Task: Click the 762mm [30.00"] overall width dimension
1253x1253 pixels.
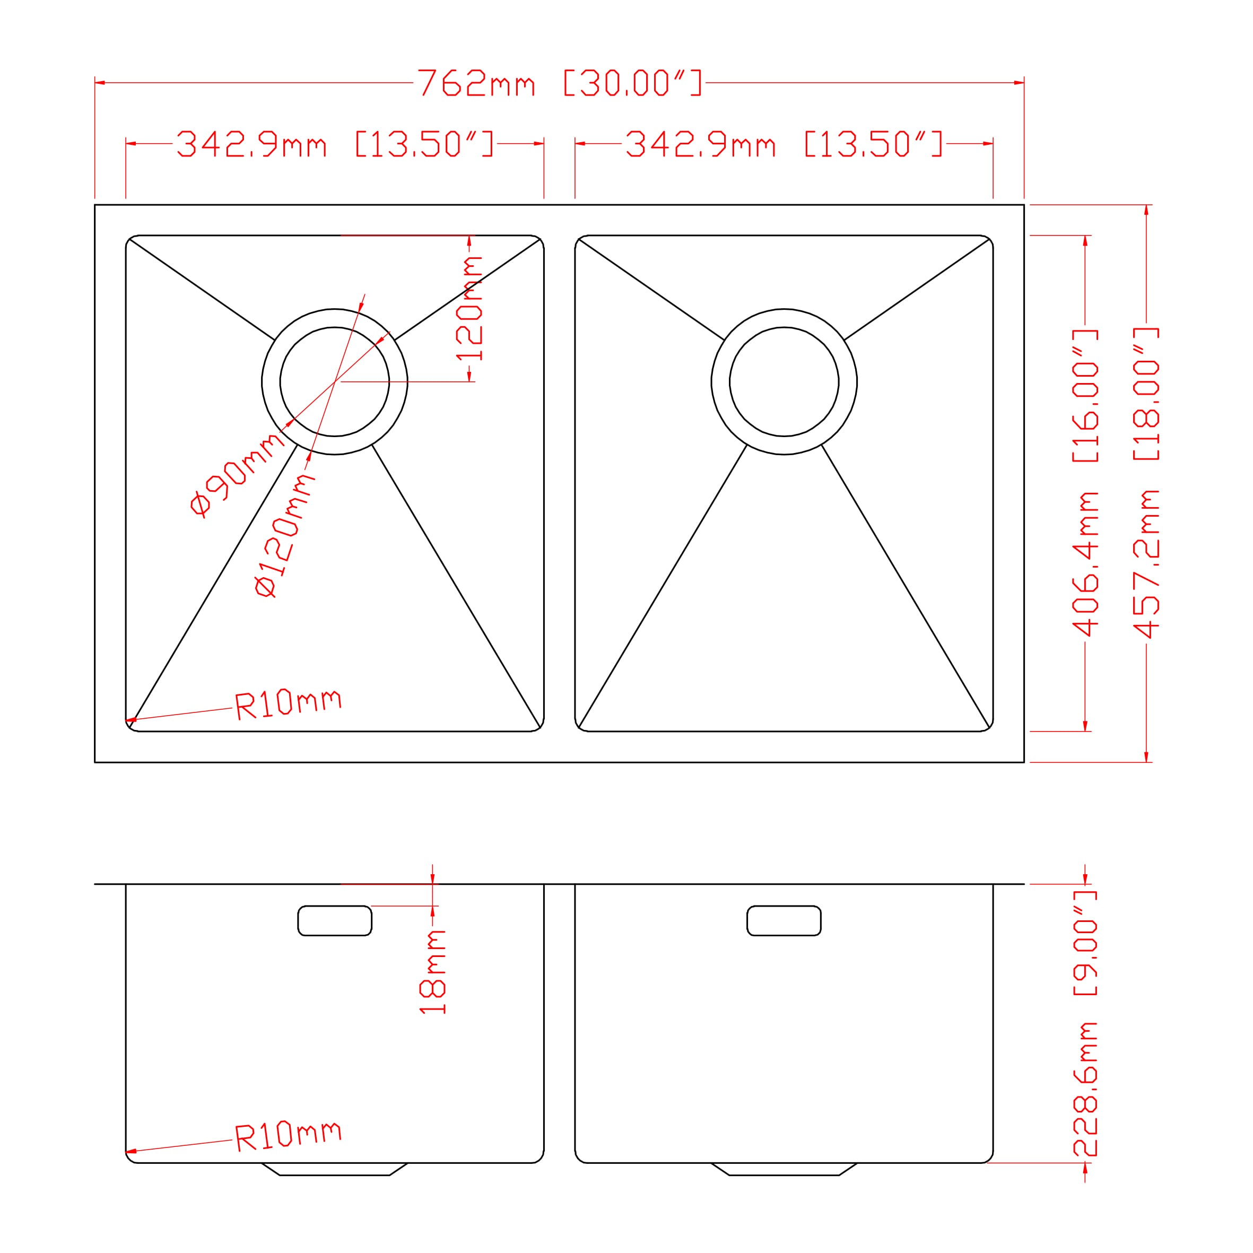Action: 559,83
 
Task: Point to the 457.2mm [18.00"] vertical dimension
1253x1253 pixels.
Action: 1146,483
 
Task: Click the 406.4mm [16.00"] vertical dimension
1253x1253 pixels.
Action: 1085,483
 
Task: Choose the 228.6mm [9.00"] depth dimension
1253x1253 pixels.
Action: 1085,1023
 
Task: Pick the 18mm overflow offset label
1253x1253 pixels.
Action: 432,971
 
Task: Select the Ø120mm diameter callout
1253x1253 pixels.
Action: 285,536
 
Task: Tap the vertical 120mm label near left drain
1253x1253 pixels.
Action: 469,308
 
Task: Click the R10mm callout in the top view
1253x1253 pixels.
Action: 288,703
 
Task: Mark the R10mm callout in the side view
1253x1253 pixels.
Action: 288,1136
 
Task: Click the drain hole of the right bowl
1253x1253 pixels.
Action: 784,381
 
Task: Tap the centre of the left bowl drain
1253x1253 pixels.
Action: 335,381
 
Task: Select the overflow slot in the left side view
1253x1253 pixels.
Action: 335,920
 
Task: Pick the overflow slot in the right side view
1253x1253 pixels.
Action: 784,920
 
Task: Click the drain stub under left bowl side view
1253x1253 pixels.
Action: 335,1168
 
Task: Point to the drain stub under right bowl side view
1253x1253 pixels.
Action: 784,1168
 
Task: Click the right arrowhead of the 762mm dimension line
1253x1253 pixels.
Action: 1020,83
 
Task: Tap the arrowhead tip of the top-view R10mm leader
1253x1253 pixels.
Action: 128,720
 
